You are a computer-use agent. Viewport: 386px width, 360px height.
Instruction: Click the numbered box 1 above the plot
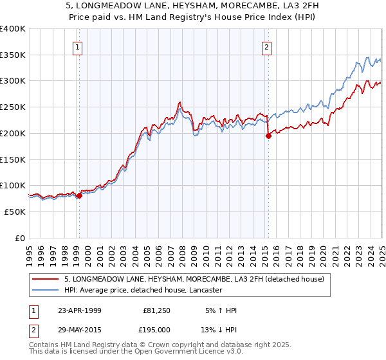pos(77,46)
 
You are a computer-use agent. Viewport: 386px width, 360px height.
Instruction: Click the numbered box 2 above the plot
pos(266,46)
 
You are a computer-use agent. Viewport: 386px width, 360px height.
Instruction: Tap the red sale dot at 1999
pos(79,196)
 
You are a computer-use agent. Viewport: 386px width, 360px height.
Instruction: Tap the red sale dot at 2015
pos(268,136)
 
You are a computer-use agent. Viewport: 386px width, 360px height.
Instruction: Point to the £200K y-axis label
pos(13,133)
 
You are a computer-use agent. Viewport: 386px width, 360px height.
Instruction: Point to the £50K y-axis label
pos(15,212)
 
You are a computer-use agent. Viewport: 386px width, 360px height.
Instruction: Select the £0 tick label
pos(20,238)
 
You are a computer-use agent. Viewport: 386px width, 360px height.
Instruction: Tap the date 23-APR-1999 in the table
pos(79,310)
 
